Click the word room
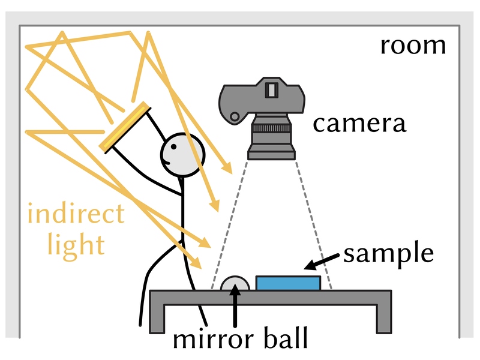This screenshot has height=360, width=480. pos(413,47)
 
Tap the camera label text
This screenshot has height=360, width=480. pos(359,124)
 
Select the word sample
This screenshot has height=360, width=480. pos(388,254)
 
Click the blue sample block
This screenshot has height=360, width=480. pos(288,283)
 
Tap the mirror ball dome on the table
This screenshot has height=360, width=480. pos(235,283)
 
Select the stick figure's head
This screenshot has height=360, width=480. pos(182,155)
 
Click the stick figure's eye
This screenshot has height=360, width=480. pos(173,147)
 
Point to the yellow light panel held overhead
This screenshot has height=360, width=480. pos(125,127)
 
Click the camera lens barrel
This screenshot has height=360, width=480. pos(272,137)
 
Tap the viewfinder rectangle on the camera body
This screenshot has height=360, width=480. pos(271,89)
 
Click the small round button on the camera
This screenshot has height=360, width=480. pos(235,116)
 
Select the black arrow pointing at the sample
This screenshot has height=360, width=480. pos(322,262)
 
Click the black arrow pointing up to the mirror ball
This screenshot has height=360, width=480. pos(235,305)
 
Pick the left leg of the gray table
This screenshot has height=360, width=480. pos(157,318)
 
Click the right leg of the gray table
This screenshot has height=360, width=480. pos(384,318)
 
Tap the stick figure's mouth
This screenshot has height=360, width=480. pos(166,161)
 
